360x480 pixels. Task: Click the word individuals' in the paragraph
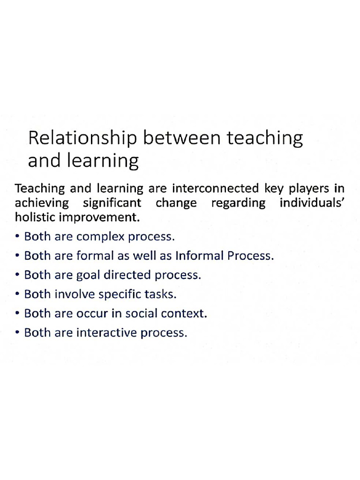click(313, 203)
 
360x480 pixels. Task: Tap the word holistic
click(33, 218)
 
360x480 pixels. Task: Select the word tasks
click(162, 294)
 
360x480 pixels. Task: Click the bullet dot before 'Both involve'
click(17, 295)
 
